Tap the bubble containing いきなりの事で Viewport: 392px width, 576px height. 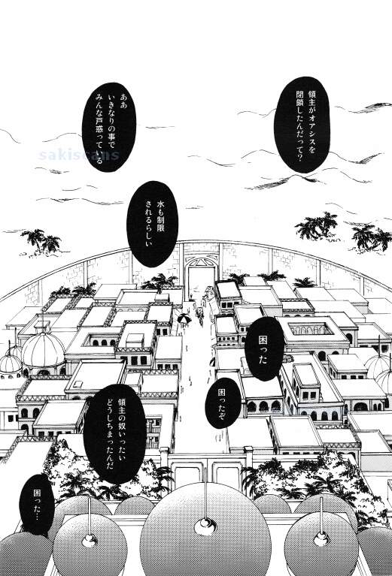(109, 127)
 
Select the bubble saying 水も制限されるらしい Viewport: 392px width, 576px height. (153, 223)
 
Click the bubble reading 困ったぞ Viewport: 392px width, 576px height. (223, 403)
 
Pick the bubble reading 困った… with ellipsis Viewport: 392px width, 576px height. (37, 504)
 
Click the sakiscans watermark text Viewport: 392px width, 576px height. (79, 155)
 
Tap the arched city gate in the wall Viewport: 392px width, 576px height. (202, 276)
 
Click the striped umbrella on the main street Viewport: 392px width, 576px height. (184, 319)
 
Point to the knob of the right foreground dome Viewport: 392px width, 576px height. (322, 538)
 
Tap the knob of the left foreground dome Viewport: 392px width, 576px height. (90, 540)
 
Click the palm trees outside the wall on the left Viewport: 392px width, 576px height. (41, 240)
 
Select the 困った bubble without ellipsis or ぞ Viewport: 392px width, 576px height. (264, 349)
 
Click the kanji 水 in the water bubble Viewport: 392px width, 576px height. (160, 204)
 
